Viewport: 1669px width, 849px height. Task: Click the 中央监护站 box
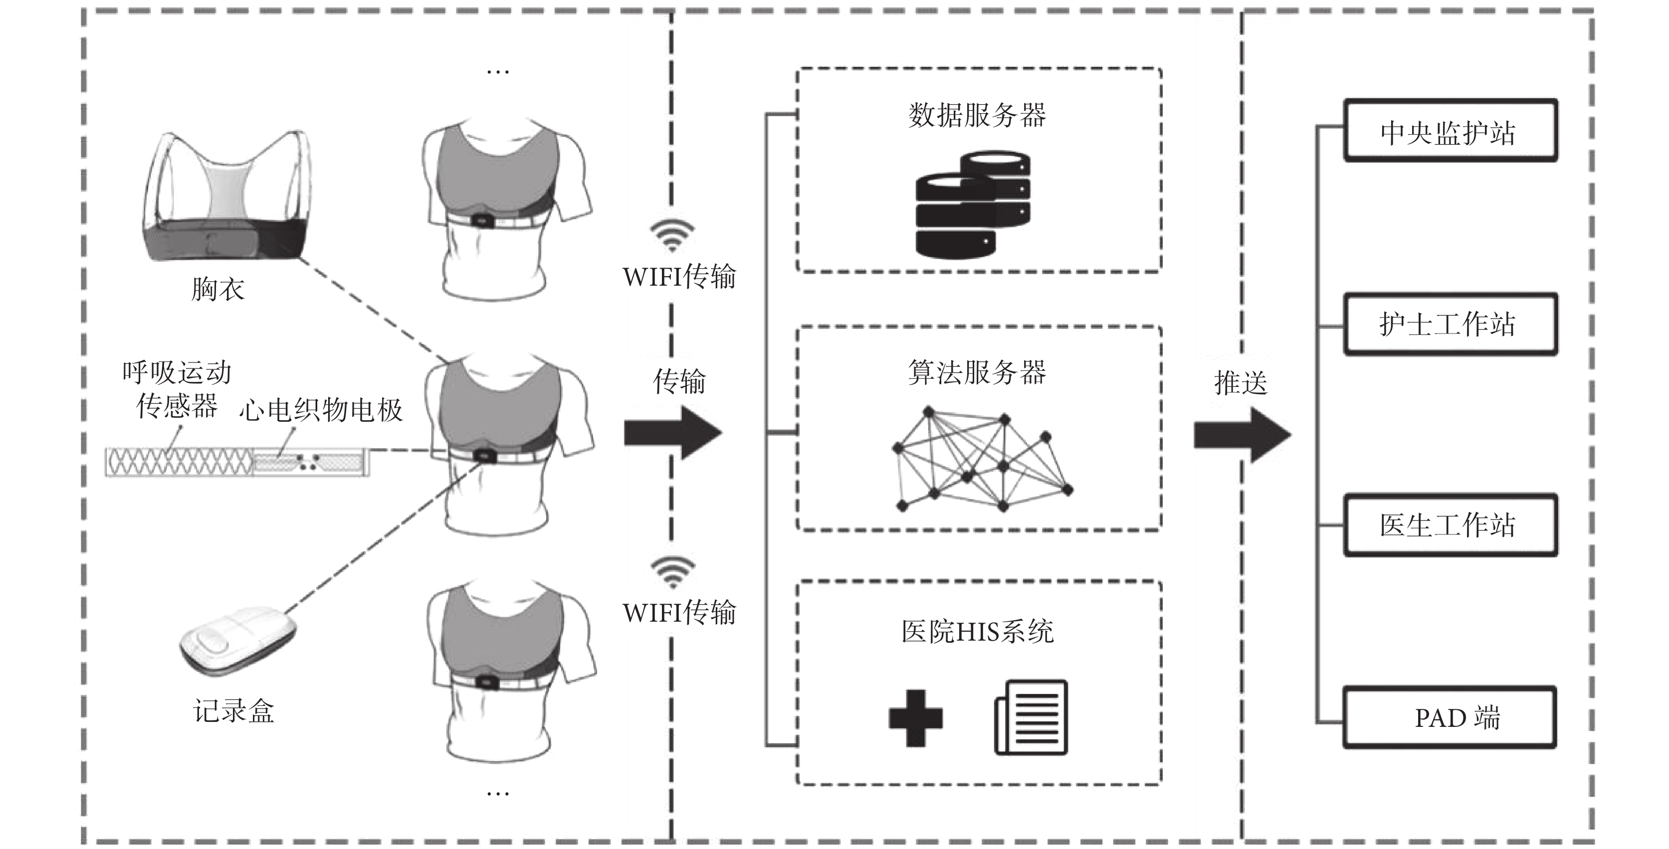point(1450,130)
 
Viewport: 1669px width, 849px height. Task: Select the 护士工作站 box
point(1450,324)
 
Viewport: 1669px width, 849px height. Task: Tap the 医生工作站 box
point(1450,524)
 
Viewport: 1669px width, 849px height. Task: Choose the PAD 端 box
point(1450,717)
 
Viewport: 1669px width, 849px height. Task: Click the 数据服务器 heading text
point(977,115)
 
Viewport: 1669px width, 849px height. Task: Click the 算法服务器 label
point(977,372)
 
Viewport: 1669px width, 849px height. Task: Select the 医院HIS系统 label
point(978,632)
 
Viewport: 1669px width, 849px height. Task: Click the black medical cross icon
point(915,717)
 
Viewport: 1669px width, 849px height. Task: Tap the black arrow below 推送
point(1243,435)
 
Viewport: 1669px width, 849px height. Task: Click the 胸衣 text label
point(217,289)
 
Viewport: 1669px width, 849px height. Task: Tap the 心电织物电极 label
point(321,410)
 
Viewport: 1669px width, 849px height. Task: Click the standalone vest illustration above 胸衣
point(224,197)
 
